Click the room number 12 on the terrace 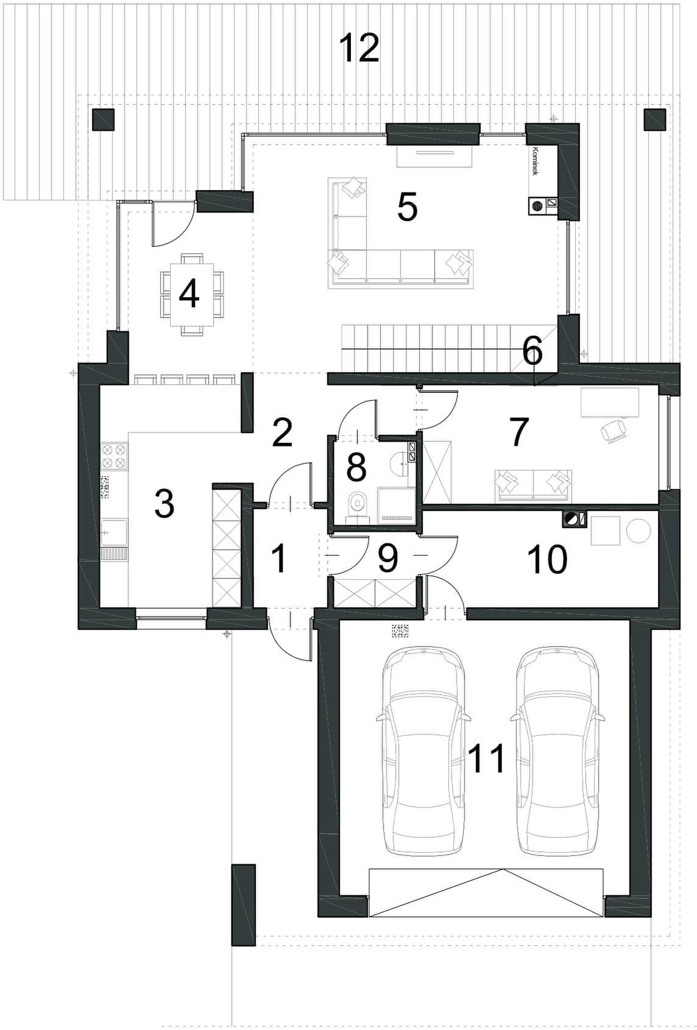pos(359,48)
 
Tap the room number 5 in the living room pos(407,207)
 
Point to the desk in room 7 pos(610,403)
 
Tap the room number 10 pos(547,559)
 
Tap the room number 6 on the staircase pos(532,352)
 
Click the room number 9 pos(387,559)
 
